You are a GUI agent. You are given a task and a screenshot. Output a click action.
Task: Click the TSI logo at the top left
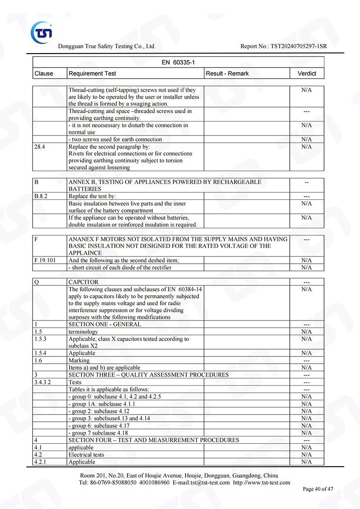tap(41, 32)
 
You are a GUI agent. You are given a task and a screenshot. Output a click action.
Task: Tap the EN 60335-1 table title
tap(178, 63)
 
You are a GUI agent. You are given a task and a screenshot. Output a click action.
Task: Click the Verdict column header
tap(307, 73)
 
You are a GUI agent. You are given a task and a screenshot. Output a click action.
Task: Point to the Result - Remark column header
tap(227, 73)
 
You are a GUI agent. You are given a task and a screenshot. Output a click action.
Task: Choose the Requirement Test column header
tap(92, 73)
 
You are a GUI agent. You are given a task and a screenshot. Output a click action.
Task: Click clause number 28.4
tap(40, 147)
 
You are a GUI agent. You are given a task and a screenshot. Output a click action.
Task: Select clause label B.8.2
tap(41, 197)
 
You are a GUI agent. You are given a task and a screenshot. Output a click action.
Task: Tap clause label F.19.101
tap(44, 261)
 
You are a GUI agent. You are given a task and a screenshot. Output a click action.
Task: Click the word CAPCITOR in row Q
tap(83, 282)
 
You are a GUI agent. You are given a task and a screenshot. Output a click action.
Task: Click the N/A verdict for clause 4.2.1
tap(306, 462)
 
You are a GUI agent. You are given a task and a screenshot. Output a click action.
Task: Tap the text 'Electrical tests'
tap(86, 455)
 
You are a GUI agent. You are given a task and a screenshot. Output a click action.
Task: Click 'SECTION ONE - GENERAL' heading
tap(104, 324)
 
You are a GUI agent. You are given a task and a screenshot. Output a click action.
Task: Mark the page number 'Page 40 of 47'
tap(318, 489)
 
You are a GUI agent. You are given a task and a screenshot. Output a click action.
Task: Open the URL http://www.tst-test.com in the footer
tap(262, 482)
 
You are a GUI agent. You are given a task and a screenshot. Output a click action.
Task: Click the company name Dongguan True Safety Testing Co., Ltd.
tap(107, 46)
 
